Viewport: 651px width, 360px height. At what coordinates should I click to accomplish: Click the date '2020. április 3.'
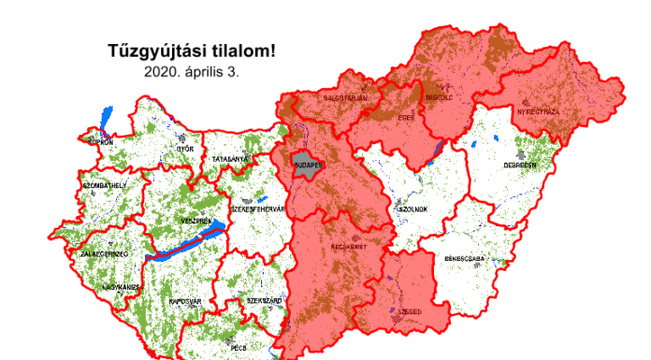(193, 70)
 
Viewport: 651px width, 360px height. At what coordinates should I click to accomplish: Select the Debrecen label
(520, 165)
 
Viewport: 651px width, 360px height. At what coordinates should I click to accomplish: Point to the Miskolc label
(440, 97)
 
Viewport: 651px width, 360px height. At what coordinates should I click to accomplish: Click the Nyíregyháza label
(540, 111)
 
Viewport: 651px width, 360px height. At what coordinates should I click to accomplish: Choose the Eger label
(405, 118)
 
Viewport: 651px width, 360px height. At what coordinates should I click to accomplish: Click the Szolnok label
(412, 209)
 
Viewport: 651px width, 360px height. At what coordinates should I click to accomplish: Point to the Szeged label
(412, 310)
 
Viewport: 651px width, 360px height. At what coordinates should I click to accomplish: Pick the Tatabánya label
(229, 160)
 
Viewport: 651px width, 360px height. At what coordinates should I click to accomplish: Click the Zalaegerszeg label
(105, 253)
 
